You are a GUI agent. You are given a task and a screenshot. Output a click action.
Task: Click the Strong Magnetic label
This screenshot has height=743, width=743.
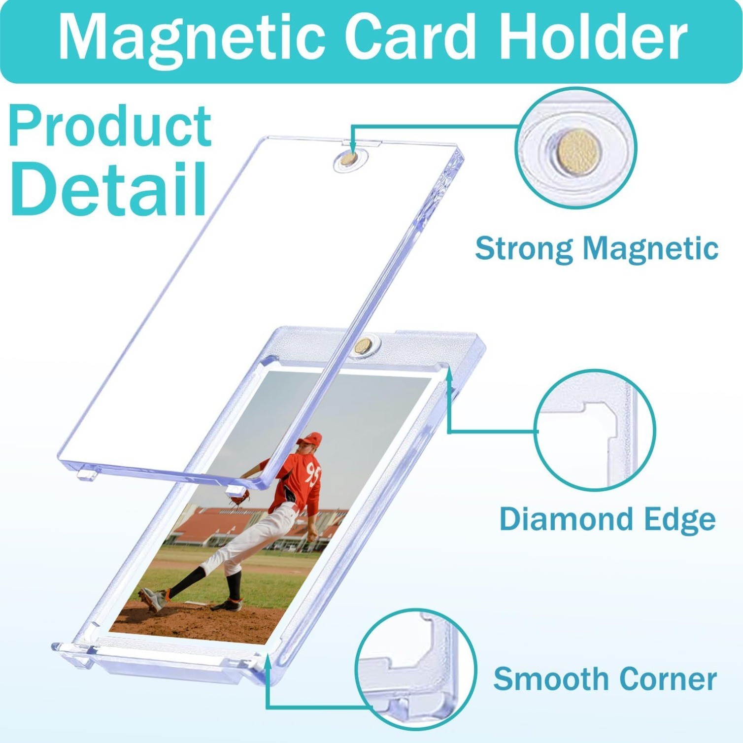(596, 248)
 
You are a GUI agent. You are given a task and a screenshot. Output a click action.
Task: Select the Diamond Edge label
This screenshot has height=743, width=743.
(607, 519)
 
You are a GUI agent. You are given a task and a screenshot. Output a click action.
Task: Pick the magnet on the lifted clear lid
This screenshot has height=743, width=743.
(349, 159)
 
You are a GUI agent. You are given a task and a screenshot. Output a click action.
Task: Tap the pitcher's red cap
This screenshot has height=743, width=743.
(311, 439)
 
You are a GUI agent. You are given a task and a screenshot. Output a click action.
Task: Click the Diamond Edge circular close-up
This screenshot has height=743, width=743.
(594, 430)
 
